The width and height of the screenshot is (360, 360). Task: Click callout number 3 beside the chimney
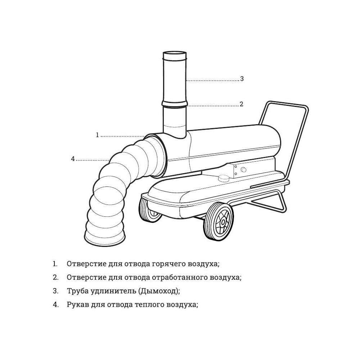point(242,79)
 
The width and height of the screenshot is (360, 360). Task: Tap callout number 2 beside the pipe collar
point(241,104)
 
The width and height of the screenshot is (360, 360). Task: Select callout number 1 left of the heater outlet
point(97,135)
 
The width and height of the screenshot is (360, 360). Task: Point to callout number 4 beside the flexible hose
point(73,159)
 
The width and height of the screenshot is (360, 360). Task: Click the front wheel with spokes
point(219,221)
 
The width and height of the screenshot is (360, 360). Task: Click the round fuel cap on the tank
point(224,178)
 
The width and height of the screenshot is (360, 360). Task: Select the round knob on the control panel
point(243,170)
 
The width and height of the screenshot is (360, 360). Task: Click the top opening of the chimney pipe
point(175,53)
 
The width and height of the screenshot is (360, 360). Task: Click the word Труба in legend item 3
point(78,291)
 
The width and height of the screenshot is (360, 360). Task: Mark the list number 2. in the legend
point(56,277)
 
